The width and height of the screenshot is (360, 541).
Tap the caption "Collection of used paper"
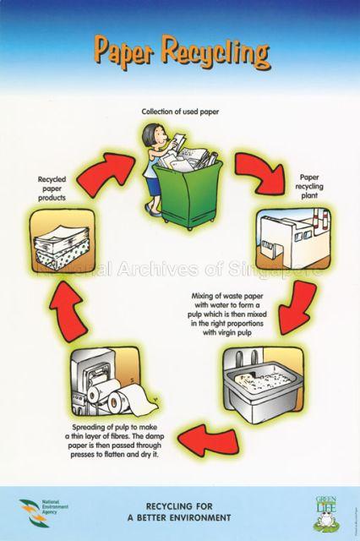click(x=180, y=111)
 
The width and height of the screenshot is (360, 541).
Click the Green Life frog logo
click(x=326, y=512)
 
